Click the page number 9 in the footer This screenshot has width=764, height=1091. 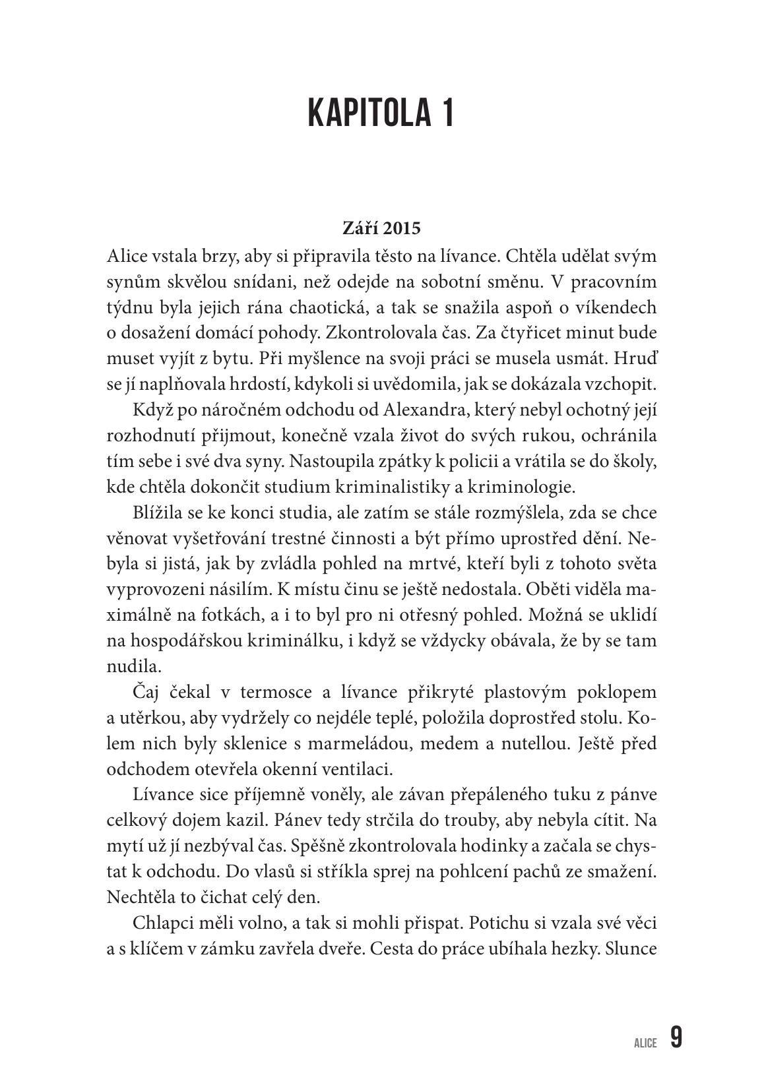[x=676, y=1038]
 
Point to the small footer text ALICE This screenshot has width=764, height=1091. [x=645, y=1043]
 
